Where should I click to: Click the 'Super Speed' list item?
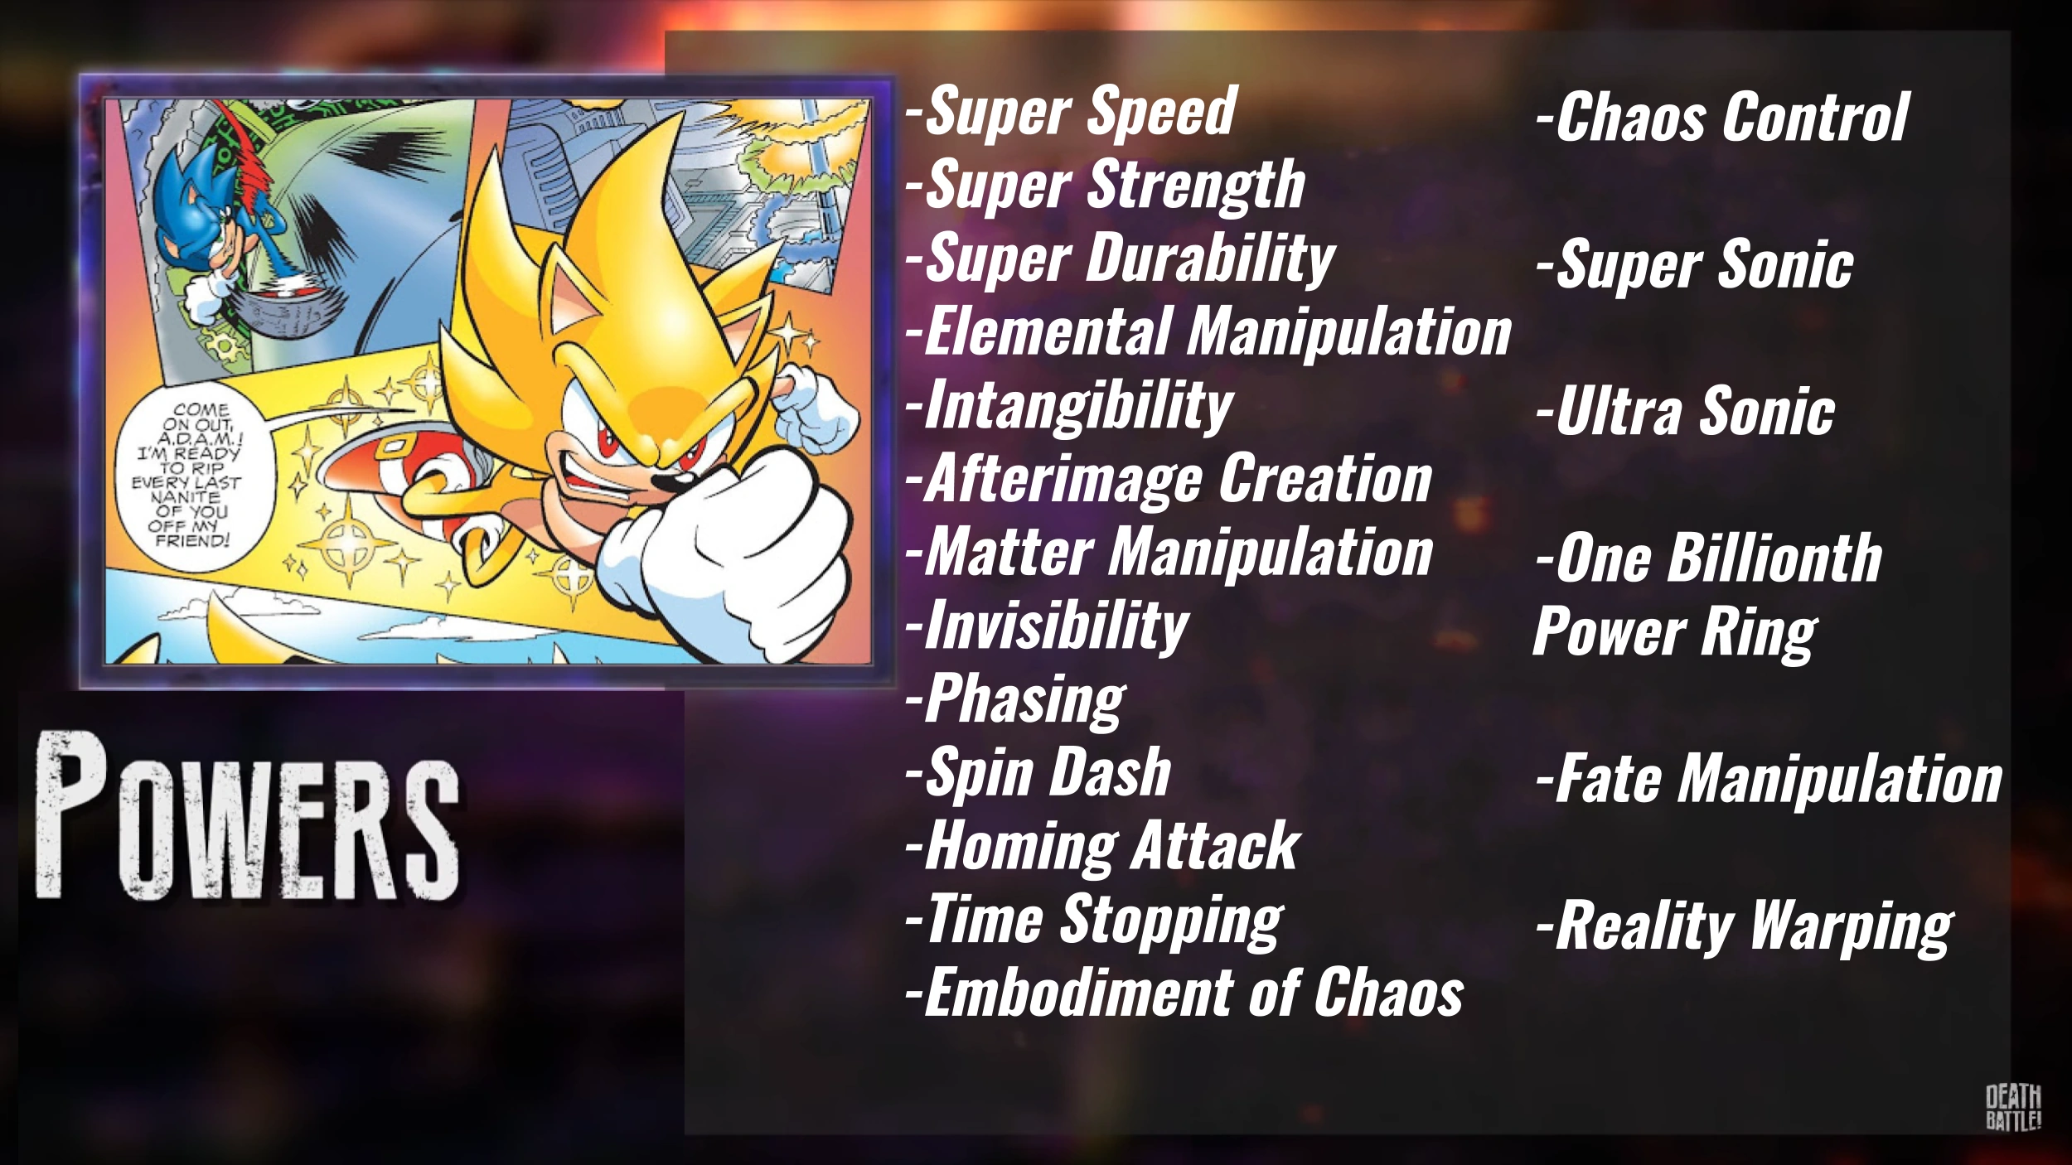pos(1071,113)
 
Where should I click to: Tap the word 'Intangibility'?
pos(1069,407)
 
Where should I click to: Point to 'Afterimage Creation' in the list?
pos(1169,479)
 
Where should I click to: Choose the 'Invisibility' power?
pos(1047,626)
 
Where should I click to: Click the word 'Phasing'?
pos(1015,700)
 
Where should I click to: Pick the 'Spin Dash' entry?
pos(1038,772)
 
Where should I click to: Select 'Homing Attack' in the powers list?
pos(1102,846)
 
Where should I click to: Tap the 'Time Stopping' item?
pos(1094,920)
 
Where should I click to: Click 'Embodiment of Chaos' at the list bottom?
pos(1184,993)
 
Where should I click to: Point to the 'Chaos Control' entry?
pos(1722,118)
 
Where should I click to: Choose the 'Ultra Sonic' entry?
pos(1685,412)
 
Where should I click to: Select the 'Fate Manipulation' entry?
pos(1769,780)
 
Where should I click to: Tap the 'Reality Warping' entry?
pos(1744,928)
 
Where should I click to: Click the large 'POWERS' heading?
pos(247,816)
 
